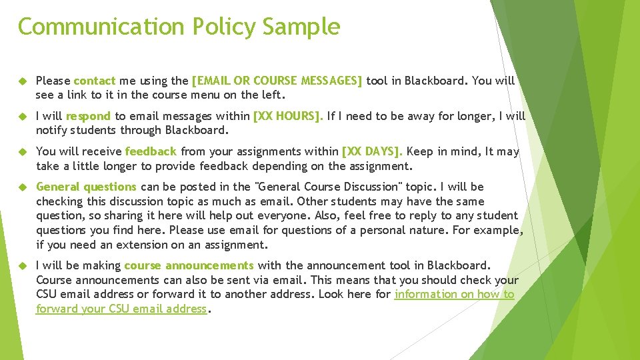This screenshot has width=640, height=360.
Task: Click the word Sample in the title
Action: (x=301, y=27)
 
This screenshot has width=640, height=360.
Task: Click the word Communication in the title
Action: (x=101, y=27)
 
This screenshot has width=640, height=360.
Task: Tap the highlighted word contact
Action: (x=95, y=81)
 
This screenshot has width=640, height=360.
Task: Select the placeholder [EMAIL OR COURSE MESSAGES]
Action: (x=277, y=81)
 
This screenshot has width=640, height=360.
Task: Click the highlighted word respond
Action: (x=89, y=116)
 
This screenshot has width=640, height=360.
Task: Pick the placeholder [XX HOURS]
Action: (x=288, y=116)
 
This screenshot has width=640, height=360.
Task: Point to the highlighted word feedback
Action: (x=151, y=151)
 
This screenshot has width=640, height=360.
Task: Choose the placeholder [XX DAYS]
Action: (x=372, y=151)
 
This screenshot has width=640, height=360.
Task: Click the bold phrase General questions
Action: (x=86, y=187)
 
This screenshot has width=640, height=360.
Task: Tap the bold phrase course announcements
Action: (x=189, y=265)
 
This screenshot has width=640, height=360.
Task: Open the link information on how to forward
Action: (x=454, y=294)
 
